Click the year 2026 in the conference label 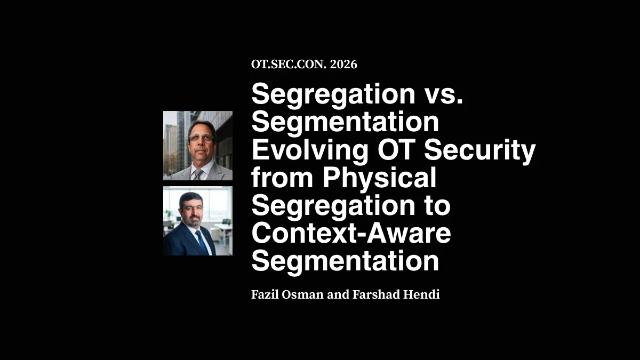[x=343, y=65]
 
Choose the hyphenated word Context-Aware [x=351, y=234]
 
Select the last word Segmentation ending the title [x=345, y=261]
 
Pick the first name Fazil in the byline [x=265, y=294]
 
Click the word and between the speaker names [x=334, y=294]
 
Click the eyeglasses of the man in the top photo [x=201, y=138]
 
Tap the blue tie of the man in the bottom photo [x=203, y=242]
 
